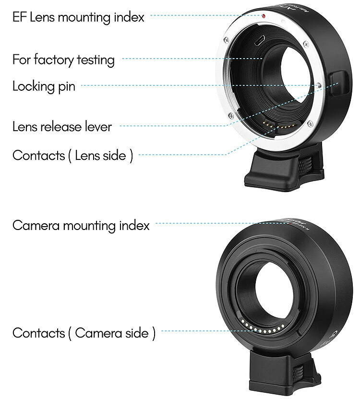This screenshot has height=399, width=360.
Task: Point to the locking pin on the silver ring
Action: [320, 86]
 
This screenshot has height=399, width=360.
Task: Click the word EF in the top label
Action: [20, 18]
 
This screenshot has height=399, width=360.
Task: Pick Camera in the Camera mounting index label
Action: [34, 225]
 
